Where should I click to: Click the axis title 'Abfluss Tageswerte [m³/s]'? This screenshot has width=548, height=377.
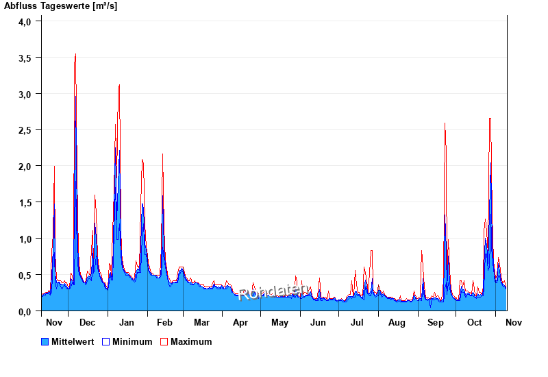point(60,6)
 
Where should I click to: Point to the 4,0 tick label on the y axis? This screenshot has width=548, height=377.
point(25,21)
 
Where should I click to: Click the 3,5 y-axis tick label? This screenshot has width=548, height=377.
point(25,58)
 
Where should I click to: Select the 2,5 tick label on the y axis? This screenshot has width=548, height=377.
point(25,130)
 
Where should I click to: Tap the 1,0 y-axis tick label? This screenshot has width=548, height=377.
point(25,239)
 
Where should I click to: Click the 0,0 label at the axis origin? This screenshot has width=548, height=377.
point(25,312)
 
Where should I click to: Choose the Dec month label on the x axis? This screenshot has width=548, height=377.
point(87,322)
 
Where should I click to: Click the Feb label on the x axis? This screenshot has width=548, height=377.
point(164,322)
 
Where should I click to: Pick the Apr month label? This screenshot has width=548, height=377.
point(240,322)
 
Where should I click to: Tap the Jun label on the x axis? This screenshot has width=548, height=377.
point(319,322)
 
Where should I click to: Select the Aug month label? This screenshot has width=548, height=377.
point(397,322)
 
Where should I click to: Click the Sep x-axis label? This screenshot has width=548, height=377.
point(436,322)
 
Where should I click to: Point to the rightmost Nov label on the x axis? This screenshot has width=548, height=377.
point(513,322)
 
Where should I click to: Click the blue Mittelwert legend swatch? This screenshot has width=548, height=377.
point(45,341)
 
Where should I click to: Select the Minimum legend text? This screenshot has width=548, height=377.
point(132,341)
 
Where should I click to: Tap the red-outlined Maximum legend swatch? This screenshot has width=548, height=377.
point(164,341)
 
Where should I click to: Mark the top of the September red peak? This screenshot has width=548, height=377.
point(445,123)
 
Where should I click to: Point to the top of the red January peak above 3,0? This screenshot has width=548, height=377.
point(119,85)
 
